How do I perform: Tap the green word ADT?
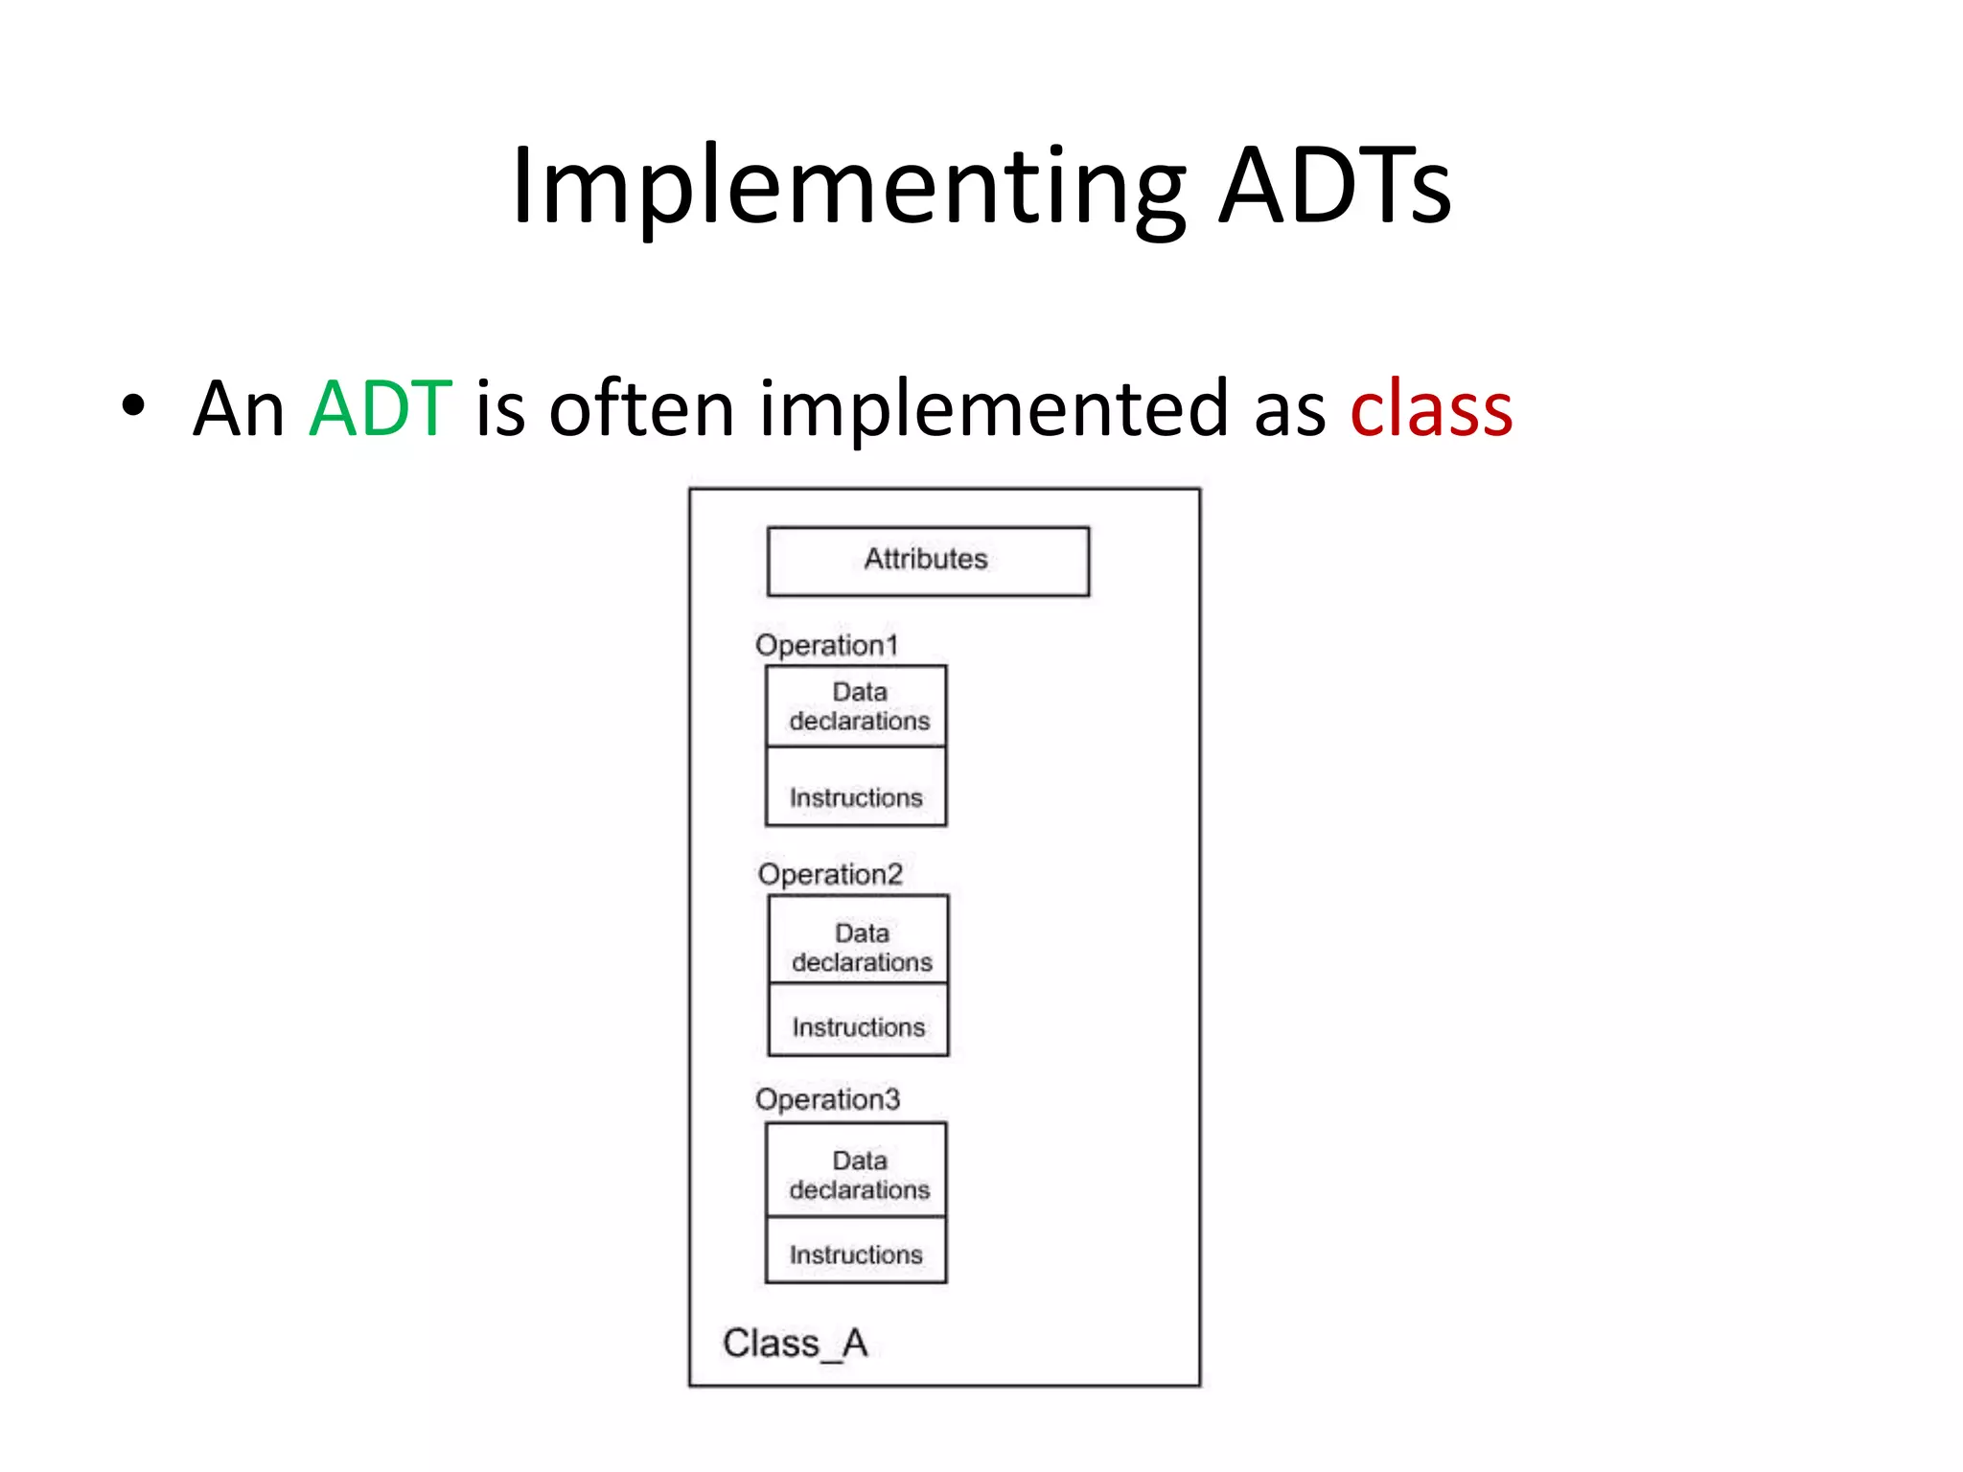[381, 409]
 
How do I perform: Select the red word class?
[1431, 409]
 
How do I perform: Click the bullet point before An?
[133, 407]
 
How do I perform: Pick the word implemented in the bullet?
[994, 409]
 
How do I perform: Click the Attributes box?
[927, 561]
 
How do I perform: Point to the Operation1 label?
[826, 645]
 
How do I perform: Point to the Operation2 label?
[830, 874]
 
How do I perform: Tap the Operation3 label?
[827, 1099]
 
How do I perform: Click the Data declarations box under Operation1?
[857, 706]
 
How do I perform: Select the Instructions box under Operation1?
[856, 789]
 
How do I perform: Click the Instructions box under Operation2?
[859, 1022]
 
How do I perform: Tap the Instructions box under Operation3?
[856, 1252]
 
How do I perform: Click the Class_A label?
[795, 1344]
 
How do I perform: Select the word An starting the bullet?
[239, 409]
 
